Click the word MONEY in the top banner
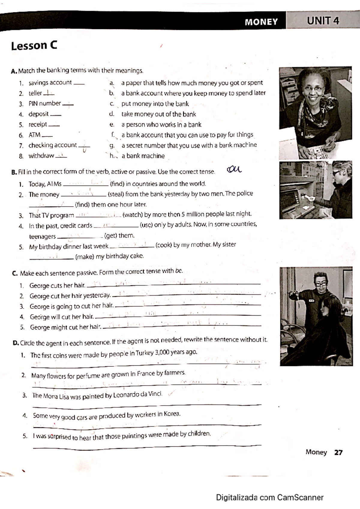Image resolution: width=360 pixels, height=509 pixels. [261, 22]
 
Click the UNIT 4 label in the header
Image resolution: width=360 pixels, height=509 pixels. [323, 21]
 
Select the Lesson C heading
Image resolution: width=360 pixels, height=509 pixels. [34, 46]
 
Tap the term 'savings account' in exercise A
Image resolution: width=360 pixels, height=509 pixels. [50, 83]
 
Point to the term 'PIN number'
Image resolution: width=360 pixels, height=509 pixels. [45, 104]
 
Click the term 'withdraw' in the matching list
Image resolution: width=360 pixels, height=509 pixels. [41, 156]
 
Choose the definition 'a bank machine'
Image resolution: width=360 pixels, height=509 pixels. [143, 156]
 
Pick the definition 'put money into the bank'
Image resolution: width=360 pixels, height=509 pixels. [155, 104]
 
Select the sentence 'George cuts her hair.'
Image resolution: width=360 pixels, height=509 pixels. [57, 285]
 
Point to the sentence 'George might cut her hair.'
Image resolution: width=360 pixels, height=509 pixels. [65, 327]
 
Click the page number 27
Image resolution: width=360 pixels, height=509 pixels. [338, 452]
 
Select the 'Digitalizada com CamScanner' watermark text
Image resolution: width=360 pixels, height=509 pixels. [270, 498]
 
